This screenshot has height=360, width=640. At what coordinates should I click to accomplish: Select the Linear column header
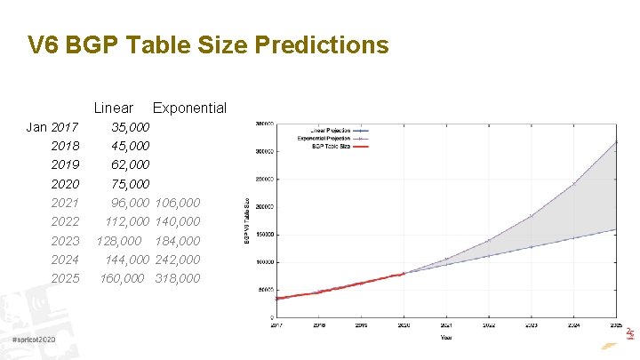pyautogui.click(x=113, y=108)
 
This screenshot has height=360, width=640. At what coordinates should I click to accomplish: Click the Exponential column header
pyautogui.click(x=189, y=108)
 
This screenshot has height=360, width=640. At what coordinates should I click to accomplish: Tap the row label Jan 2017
pyautogui.click(x=52, y=127)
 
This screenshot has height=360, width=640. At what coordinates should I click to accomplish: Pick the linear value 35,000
pyautogui.click(x=130, y=127)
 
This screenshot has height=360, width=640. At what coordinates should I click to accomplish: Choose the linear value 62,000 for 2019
pyautogui.click(x=130, y=164)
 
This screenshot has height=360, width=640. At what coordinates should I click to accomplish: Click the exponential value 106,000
pyautogui.click(x=177, y=203)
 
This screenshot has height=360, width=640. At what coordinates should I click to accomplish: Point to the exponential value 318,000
pyautogui.click(x=177, y=278)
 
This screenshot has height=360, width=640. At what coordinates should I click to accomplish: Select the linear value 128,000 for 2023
pyautogui.click(x=120, y=241)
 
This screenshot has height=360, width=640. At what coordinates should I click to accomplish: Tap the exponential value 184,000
pyautogui.click(x=177, y=241)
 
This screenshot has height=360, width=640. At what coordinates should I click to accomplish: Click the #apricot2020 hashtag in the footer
pyautogui.click(x=35, y=341)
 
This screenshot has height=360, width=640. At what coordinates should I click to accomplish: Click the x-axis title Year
pyautogui.click(x=445, y=337)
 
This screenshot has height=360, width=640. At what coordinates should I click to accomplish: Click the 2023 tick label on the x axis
pyautogui.click(x=531, y=325)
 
